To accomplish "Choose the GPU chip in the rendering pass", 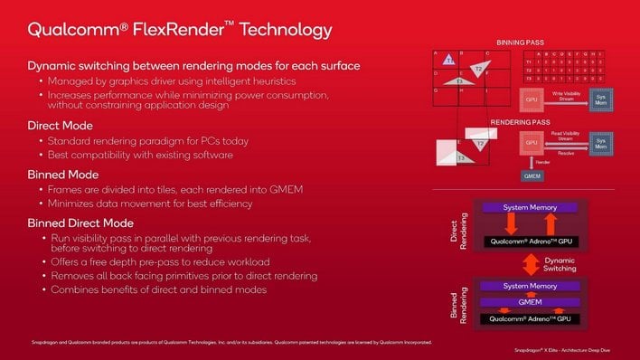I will (x=531, y=144).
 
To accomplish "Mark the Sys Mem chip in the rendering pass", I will (x=599, y=143).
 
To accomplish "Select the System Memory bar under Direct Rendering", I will (x=530, y=208).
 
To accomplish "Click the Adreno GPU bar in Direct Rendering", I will (x=530, y=242).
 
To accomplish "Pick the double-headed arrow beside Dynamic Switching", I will (x=529, y=264).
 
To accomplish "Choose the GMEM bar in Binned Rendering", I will (x=530, y=302).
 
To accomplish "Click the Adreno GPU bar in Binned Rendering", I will (x=530, y=318).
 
